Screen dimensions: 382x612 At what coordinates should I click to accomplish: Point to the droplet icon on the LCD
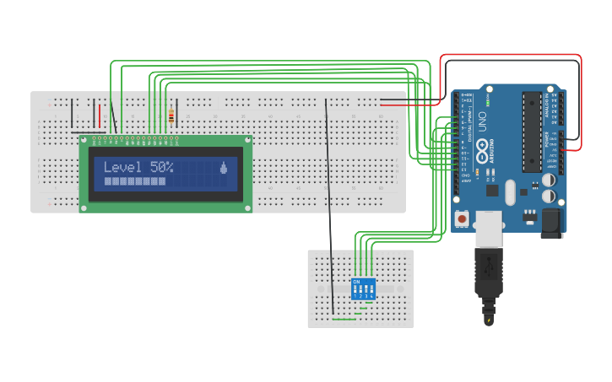223,168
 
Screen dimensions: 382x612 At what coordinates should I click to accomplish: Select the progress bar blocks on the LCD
135,180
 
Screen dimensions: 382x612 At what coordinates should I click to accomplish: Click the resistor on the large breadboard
172,116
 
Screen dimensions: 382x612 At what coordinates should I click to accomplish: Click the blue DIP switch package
363,288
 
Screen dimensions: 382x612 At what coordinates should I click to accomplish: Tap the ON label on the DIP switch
356,281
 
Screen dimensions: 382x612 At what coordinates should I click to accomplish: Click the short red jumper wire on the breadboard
100,115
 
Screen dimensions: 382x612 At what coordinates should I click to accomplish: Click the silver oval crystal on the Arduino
509,192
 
